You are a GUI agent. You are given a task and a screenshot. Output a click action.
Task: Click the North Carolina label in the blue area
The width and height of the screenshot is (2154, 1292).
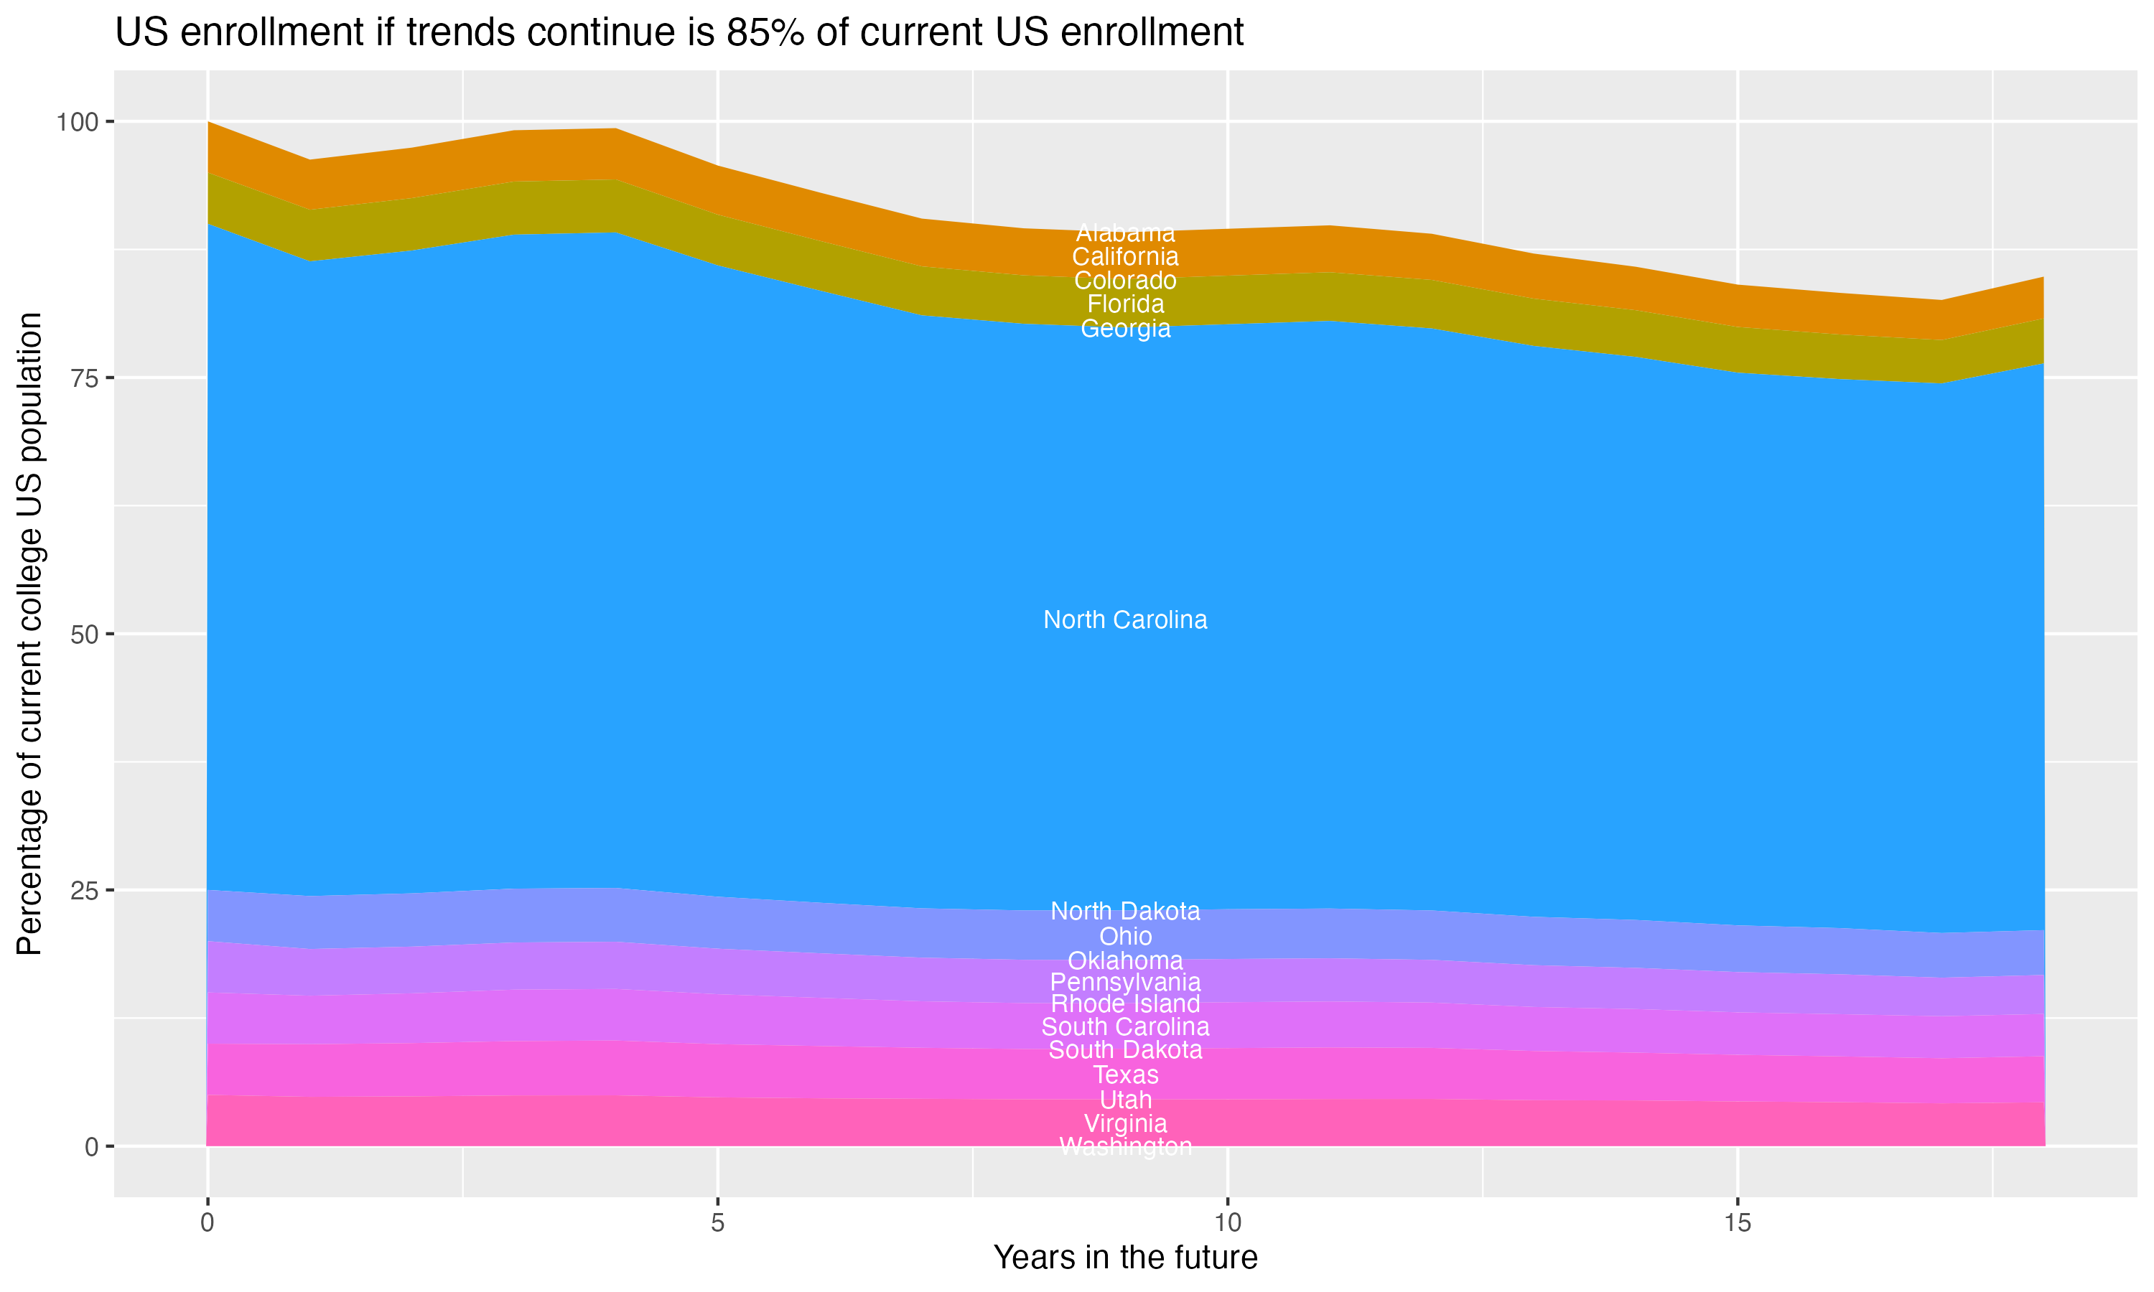(1125, 620)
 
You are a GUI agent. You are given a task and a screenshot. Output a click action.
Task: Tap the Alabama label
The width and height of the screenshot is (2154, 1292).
(1125, 233)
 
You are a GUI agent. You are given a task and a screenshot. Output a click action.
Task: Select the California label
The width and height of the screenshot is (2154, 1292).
(1125, 257)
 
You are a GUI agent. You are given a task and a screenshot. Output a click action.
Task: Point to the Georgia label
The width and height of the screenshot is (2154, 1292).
(1125, 329)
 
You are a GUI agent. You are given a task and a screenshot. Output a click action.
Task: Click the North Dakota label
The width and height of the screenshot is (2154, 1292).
(1125, 912)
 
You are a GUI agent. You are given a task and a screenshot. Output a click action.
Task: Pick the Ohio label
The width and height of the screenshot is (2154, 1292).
(1125, 937)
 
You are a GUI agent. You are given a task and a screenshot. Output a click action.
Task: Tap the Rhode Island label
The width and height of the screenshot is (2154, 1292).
(1125, 1004)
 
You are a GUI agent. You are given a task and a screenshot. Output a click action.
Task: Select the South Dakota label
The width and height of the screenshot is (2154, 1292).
(1125, 1050)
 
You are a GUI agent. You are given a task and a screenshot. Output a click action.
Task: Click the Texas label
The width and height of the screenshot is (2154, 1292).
(1125, 1075)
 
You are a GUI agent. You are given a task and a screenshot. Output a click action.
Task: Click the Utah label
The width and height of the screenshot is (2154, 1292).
(1125, 1100)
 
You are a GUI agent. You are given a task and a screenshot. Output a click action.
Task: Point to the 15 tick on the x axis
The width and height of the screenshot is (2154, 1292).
(1737, 1223)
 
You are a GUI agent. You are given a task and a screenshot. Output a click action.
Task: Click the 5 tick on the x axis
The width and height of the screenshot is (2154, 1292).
(717, 1223)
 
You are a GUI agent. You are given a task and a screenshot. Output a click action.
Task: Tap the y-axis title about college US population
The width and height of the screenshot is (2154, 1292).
(29, 634)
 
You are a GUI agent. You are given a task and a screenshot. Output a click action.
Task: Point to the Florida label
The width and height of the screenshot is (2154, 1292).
(1125, 305)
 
